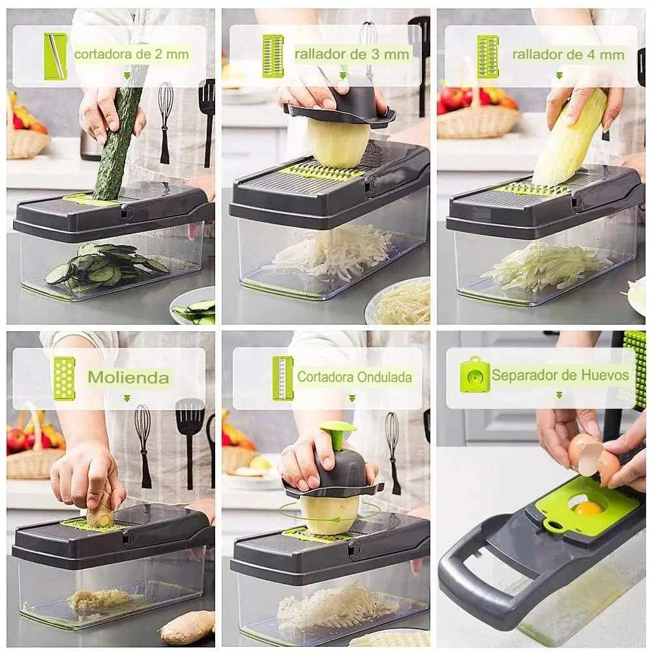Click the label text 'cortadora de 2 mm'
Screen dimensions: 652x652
point(132,54)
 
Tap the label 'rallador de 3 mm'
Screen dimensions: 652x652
point(352,54)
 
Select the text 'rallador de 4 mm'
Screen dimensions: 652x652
point(568,55)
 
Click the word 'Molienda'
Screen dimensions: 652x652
point(128,378)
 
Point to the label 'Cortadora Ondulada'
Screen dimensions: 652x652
point(355,377)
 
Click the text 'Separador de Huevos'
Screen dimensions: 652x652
point(560,375)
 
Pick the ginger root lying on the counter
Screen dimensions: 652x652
point(188,628)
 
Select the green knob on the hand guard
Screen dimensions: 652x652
point(338,434)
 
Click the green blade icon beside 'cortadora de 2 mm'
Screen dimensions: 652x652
point(55,56)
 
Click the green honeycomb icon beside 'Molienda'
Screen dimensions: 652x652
point(65,379)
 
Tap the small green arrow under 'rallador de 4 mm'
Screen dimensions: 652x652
point(559,76)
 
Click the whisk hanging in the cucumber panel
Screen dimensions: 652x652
point(165,123)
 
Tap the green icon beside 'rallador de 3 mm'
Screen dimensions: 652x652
point(273,56)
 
